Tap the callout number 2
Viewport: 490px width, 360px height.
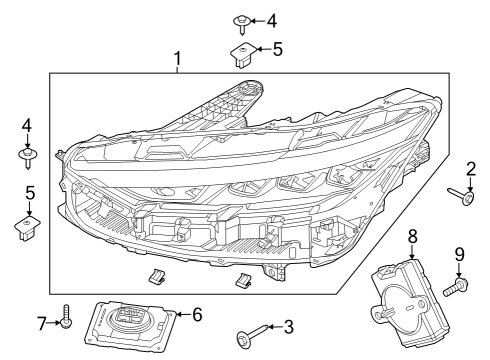(x=471, y=170)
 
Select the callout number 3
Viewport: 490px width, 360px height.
(x=288, y=326)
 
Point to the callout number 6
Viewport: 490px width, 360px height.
(x=198, y=314)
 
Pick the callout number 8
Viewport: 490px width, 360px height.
(x=411, y=237)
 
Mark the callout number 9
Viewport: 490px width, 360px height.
(x=461, y=254)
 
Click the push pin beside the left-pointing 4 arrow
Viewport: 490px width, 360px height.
(x=243, y=19)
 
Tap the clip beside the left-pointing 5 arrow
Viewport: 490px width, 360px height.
(x=242, y=51)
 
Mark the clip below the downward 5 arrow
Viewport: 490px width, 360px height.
(x=28, y=227)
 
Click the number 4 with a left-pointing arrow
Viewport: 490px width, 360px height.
(x=271, y=19)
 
